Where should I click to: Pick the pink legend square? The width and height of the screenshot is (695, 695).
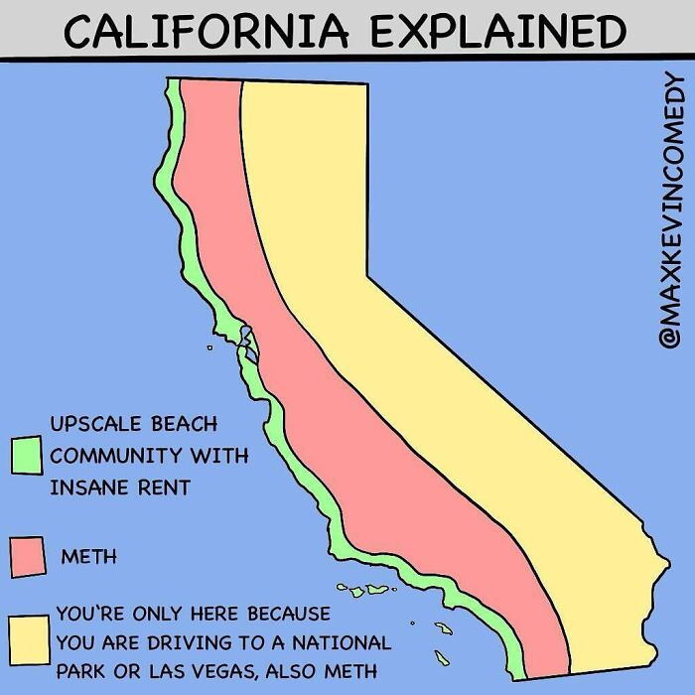[x=28, y=556]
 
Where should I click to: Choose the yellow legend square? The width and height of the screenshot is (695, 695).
[x=29, y=634]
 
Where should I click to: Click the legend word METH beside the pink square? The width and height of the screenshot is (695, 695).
[x=88, y=556]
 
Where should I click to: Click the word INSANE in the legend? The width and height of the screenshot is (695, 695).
[x=88, y=487]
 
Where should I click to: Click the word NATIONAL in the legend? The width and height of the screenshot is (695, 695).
[x=346, y=642]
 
